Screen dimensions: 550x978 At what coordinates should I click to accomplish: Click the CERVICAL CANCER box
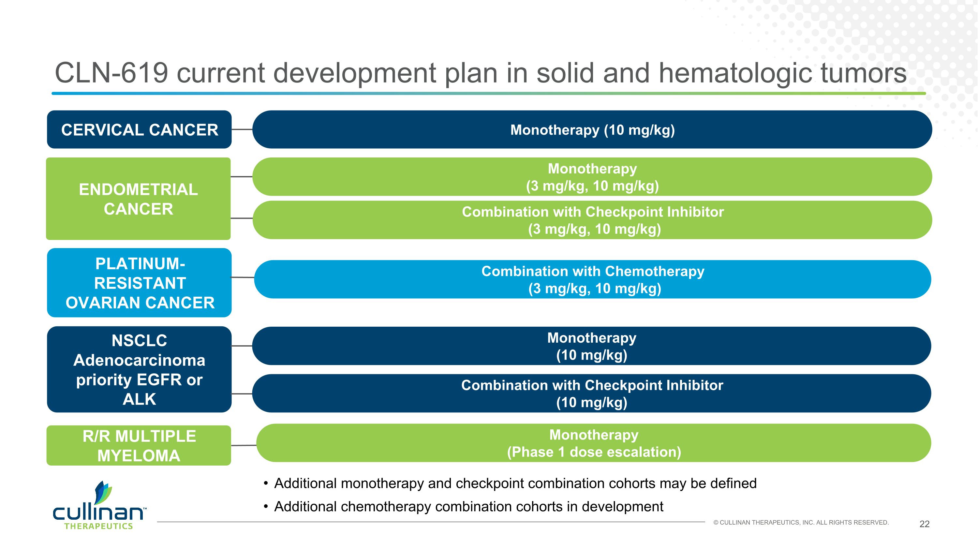[x=139, y=129]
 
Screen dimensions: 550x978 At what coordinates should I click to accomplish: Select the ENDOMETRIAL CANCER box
[x=138, y=199]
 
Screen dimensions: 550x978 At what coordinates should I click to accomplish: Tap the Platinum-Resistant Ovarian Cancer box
[x=139, y=283]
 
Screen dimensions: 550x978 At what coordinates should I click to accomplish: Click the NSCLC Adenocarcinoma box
[x=139, y=369]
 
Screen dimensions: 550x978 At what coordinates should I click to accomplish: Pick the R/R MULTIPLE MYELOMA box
[x=139, y=445]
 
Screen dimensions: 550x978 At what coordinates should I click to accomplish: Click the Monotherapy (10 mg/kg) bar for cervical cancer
[x=592, y=129]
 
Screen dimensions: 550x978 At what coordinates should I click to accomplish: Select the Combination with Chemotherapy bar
[x=592, y=279]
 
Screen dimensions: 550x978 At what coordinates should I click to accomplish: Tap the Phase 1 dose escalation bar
[x=594, y=443]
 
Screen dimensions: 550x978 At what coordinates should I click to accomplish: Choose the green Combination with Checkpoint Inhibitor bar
[x=592, y=220]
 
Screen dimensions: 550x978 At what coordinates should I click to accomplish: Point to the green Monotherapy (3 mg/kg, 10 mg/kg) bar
[x=592, y=177]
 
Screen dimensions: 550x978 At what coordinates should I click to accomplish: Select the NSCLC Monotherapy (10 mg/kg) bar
[x=591, y=346]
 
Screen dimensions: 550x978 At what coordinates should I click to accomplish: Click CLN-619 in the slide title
[x=111, y=73]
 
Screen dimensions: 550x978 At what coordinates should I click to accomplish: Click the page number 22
[x=924, y=524]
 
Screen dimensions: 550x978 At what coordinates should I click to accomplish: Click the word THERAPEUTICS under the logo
[x=99, y=526]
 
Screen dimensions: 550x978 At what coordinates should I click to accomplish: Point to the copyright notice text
[x=801, y=522]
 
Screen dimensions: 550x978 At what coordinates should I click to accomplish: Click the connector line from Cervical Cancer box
[x=242, y=129]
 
